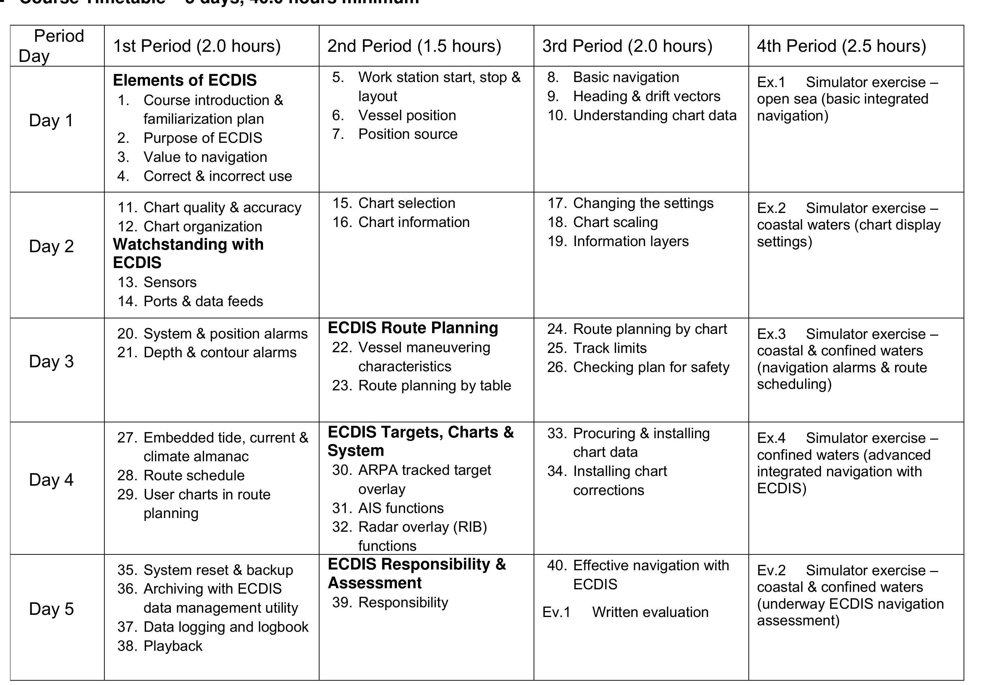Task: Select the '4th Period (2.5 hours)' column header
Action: coord(841,46)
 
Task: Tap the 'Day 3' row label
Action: coord(51,361)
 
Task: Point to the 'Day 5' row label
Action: coord(51,609)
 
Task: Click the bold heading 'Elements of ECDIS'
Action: coord(185,80)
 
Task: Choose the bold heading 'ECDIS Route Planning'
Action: coord(412,328)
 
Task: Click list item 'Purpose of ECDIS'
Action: coord(203,138)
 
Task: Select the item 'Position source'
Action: coord(407,134)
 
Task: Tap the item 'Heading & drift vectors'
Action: coord(647,96)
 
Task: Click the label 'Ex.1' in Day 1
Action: coord(771,82)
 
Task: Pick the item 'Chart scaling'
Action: coord(615,222)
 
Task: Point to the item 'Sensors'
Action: coord(170,282)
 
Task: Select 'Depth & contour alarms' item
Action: coord(220,352)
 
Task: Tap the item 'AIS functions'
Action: coord(400,508)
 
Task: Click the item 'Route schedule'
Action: coord(194,475)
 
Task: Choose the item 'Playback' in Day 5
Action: coord(173,645)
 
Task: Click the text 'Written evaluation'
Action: coord(650,612)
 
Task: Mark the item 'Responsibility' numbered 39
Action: coord(403,602)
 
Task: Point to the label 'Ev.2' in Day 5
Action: coord(771,570)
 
